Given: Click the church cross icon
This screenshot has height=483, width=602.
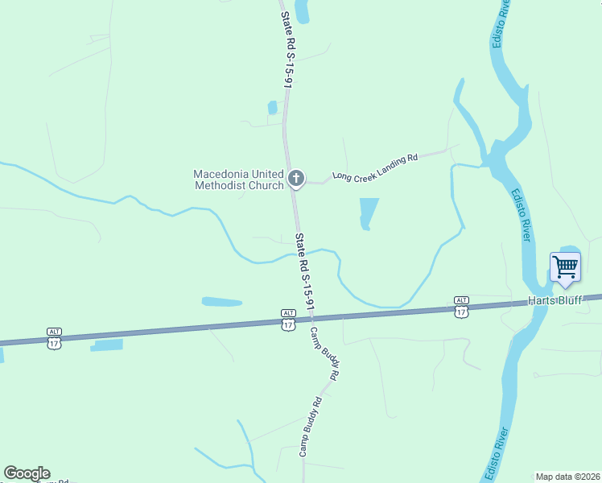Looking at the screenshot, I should coord(296,178).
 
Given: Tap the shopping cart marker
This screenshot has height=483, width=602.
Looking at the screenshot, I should coord(565,266).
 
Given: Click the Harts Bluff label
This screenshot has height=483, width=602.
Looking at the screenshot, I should coord(555,300).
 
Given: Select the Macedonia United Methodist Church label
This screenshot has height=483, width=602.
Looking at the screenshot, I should coord(238,179).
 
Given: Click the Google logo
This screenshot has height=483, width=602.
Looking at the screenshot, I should coord(27,473).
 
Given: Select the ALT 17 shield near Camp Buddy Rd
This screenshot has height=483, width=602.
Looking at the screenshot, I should coord(288,318).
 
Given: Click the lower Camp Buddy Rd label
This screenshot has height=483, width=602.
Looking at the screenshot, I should coord(311,427).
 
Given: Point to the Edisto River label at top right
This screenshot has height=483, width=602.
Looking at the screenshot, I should coord(500,24).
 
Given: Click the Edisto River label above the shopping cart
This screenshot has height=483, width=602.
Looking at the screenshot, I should coord(521,215).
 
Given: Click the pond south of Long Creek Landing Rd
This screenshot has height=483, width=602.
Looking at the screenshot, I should coord(368,213).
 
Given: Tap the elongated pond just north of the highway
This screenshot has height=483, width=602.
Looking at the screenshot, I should coord(221,302).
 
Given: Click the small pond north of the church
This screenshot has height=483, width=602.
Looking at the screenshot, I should coord(272,107).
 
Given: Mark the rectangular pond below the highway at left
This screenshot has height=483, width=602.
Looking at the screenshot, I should coord(108,345).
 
